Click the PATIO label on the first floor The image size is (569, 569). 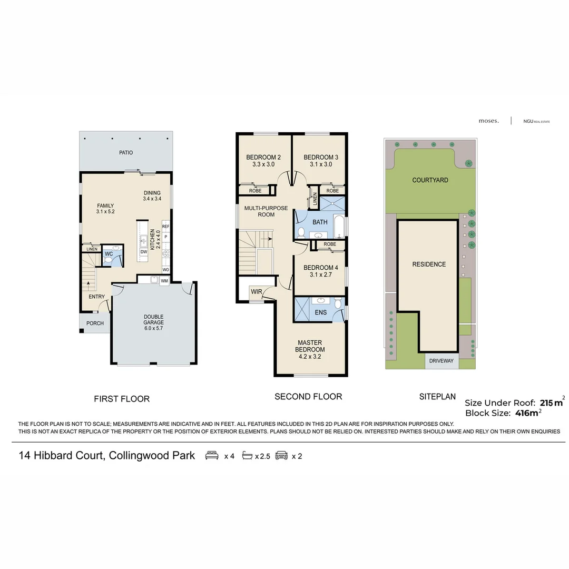click(x=126, y=153)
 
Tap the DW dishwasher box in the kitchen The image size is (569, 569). click(x=144, y=252)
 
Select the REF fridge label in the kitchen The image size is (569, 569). click(x=166, y=227)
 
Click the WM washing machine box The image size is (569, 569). click(x=164, y=281)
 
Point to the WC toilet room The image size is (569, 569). click(x=109, y=254)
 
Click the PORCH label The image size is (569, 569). click(x=95, y=323)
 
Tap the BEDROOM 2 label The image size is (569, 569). click(x=263, y=157)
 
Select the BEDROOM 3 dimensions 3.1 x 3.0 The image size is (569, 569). click(x=320, y=164)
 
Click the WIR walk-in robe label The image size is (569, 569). click(x=257, y=291)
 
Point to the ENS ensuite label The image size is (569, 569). click(x=321, y=312)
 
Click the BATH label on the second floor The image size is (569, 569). click(x=320, y=222)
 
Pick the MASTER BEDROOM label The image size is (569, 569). click(x=310, y=346)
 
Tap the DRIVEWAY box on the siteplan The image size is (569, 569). click(x=442, y=361)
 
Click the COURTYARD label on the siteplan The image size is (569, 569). click(x=430, y=180)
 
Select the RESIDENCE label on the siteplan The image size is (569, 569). click(x=429, y=264)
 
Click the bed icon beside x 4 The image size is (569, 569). click(x=212, y=456)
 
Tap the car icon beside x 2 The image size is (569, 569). click(x=281, y=456)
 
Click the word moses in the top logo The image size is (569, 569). click(x=488, y=121)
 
